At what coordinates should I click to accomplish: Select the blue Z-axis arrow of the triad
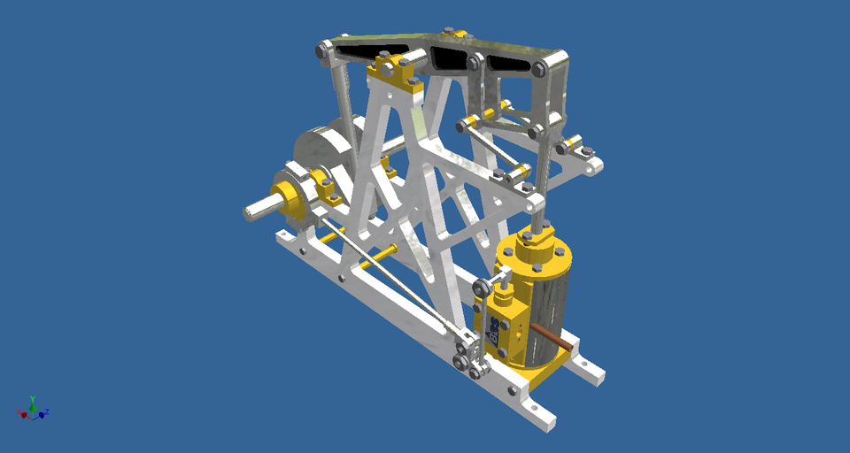(x=42, y=413)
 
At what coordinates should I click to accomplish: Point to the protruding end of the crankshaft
(x=258, y=210)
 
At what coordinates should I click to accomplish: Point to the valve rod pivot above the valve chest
(x=485, y=287)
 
